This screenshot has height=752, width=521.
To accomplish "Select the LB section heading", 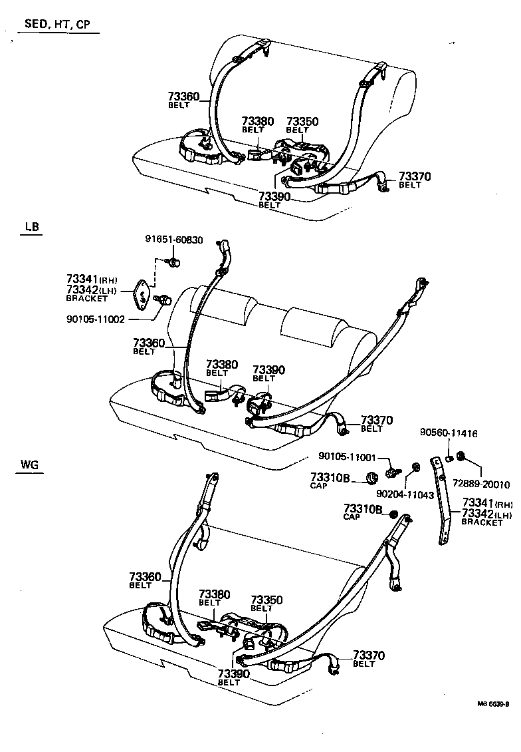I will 32,227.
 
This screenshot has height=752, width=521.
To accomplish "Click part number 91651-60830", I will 174,240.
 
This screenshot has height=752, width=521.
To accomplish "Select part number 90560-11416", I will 448,433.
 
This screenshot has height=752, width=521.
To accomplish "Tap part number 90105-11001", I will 347,457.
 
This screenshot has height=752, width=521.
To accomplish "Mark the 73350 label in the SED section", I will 302,122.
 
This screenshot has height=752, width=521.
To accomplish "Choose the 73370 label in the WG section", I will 368,656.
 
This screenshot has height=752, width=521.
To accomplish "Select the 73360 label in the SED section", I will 183,97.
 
